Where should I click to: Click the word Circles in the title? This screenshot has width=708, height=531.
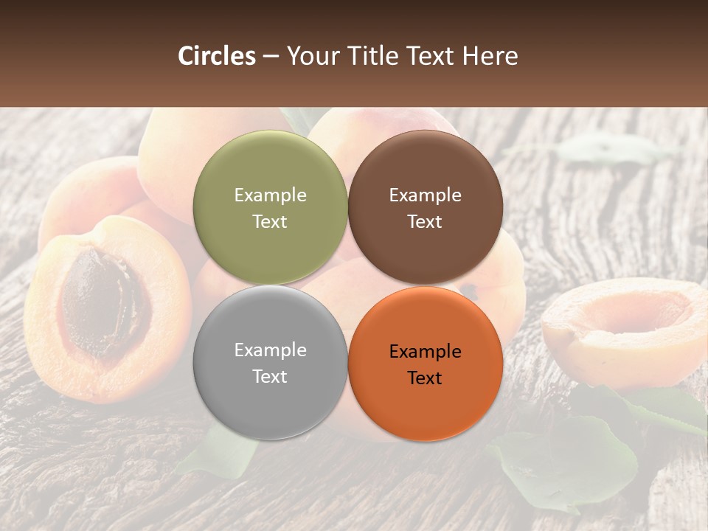tap(217, 56)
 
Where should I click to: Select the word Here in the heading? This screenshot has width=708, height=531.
tap(490, 56)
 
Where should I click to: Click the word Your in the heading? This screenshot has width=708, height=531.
tap(313, 56)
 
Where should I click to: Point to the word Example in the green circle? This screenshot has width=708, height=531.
tap(270, 195)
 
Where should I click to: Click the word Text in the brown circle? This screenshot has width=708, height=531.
tap(425, 222)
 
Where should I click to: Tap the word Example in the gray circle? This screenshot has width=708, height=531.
tap(270, 350)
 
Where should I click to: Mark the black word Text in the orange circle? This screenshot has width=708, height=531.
tap(425, 378)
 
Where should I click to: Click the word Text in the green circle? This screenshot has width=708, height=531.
tap(270, 222)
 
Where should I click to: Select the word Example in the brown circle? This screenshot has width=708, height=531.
tap(425, 195)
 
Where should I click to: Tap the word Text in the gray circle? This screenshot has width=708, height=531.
tap(270, 377)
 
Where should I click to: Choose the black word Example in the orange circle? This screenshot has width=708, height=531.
tap(425, 352)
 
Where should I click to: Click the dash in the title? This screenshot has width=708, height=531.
tap(271, 57)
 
